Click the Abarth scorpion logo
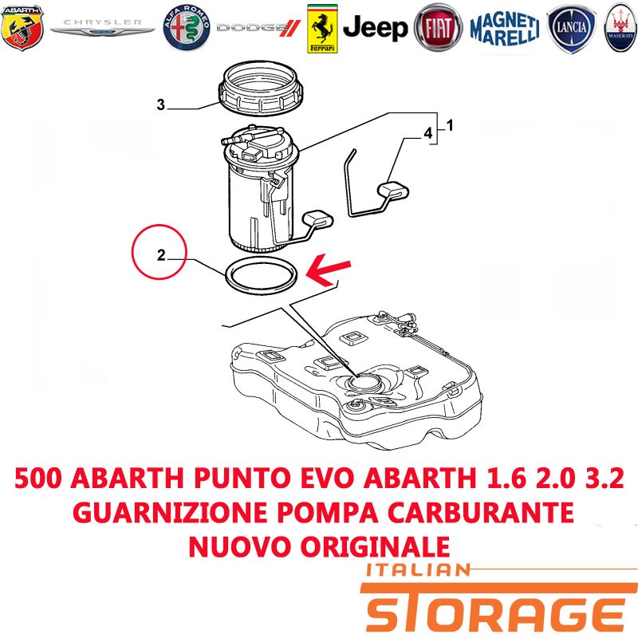(x=22, y=28)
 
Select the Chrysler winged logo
(x=102, y=27)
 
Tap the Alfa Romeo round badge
(x=187, y=28)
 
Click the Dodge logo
(x=258, y=28)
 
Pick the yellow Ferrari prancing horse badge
(x=322, y=29)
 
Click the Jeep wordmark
(x=375, y=28)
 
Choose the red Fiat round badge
(x=438, y=28)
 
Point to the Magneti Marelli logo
(x=505, y=28)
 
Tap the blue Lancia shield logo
(x=571, y=29)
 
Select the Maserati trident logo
(x=621, y=28)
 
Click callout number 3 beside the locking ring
(x=161, y=104)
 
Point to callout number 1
(x=450, y=125)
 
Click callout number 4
(x=428, y=133)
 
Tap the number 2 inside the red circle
(x=162, y=255)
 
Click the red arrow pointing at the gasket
(x=328, y=269)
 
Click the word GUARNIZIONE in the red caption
(x=170, y=513)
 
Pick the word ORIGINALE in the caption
(x=375, y=546)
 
